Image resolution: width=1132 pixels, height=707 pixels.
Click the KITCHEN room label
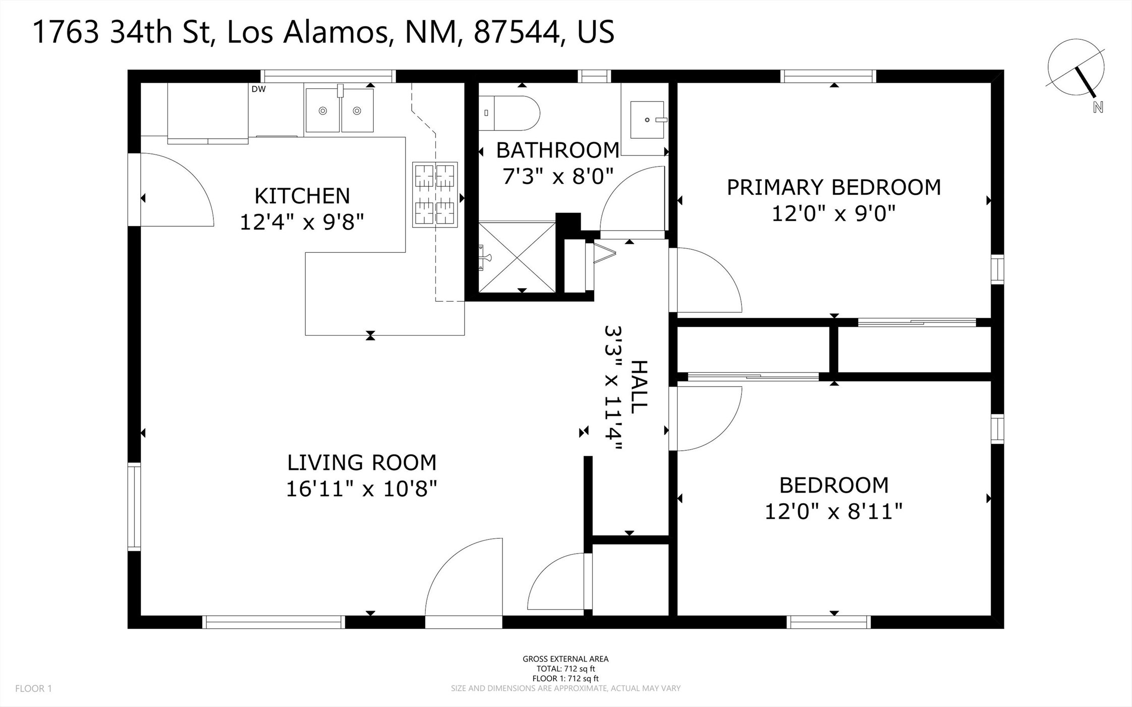[302, 196]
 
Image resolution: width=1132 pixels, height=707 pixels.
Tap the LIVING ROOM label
[361, 463]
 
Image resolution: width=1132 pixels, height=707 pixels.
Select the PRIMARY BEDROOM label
[833, 187]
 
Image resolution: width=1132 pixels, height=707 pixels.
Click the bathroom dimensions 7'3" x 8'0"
[558, 177]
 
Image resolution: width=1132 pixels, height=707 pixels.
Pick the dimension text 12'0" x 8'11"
[833, 511]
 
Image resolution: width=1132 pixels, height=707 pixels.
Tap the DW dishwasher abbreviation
[258, 89]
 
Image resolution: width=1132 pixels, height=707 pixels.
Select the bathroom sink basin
[647, 120]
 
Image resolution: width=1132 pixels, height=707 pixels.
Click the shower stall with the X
[517, 257]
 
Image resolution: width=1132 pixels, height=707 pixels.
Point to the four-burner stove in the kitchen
[435, 194]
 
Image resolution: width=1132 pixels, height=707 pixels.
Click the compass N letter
[1098, 107]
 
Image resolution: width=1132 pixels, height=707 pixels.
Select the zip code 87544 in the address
[516, 32]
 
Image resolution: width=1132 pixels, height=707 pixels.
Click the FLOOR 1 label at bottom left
[33, 688]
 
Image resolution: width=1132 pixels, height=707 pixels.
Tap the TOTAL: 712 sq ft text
[565, 669]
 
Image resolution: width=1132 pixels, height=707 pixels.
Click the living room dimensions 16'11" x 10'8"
[361, 488]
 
